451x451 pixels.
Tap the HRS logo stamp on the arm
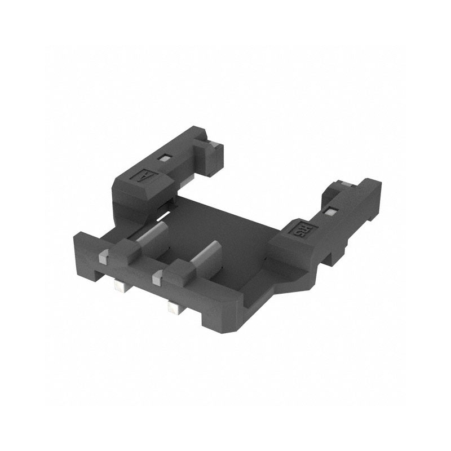[x=305, y=229]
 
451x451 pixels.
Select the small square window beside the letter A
[x=163, y=158]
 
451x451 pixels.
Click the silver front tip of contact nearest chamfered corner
[x=157, y=277]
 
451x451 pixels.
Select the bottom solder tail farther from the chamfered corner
[x=120, y=286]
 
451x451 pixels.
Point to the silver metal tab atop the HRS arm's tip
[x=342, y=184]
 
